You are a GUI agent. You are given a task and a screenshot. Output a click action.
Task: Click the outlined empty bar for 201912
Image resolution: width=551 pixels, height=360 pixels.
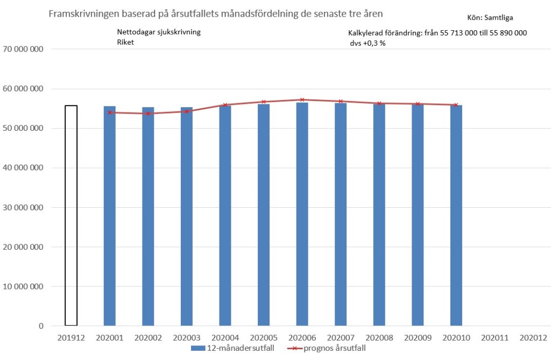pos(71,215)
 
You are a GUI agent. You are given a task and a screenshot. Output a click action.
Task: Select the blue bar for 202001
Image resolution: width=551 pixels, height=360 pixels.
pos(110,215)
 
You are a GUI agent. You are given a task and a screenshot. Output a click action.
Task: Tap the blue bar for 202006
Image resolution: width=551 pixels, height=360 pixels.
pos(302,215)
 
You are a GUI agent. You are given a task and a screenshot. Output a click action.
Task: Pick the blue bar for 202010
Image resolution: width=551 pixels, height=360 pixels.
pos(456,215)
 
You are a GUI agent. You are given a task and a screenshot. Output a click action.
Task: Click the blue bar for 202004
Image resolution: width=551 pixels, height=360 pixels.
pos(225,215)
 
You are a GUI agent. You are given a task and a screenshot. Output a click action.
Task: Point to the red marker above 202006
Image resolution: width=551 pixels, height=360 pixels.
pos(302,100)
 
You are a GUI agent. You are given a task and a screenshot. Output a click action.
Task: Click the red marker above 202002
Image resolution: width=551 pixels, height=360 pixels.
pos(148,114)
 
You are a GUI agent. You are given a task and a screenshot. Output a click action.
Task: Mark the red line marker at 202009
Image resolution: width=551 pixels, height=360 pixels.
pos(418,104)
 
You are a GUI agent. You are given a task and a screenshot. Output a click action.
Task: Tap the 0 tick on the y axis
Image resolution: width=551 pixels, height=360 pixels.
pos(40,326)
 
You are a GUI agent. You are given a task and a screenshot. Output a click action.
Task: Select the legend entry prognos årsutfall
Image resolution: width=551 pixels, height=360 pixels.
pos(334,348)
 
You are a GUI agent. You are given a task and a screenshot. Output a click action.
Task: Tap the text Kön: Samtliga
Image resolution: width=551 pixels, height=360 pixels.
pos(493,17)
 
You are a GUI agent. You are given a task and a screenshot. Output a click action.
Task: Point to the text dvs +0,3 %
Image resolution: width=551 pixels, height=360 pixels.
pos(368,43)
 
